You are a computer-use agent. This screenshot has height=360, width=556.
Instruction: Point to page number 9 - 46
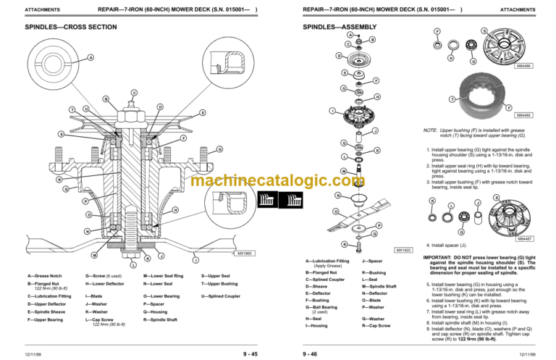pos(311,353)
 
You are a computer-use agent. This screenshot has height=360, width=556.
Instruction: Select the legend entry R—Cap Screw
pos(376,326)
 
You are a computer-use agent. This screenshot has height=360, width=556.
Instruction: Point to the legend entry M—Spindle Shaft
pos(379,286)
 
